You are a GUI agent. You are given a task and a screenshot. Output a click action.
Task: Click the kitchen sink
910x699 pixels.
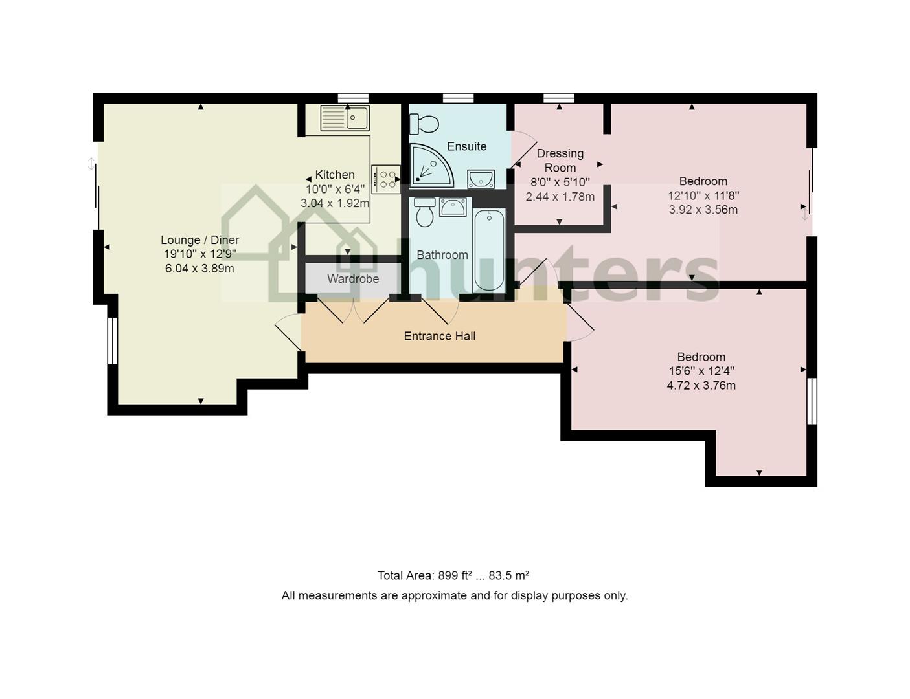coord(345,118)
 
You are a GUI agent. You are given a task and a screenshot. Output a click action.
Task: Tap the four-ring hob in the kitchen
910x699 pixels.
coord(385,179)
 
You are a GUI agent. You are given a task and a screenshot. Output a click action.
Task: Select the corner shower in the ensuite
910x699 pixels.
coord(431,165)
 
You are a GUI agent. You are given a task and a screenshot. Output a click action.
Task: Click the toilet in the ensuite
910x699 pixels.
coord(424,124)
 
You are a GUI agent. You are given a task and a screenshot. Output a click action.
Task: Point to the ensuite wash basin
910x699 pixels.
coord(481,179)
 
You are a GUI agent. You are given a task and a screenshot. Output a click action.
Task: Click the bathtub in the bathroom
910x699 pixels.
coord(489,250)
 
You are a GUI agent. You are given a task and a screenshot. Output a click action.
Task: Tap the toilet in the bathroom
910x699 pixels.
coord(424,212)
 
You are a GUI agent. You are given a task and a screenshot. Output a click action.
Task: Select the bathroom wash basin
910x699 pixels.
coord(453,208)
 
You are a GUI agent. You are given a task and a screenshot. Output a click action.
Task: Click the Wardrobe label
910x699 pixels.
coord(353,278)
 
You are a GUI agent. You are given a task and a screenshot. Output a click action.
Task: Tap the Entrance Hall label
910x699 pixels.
coord(440,336)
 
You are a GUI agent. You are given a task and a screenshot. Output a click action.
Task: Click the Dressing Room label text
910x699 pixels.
coord(560,161)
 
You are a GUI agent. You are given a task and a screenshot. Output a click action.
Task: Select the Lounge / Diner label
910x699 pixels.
coord(199,240)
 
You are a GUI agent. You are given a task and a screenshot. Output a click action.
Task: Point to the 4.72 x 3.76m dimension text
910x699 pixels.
coord(701,385)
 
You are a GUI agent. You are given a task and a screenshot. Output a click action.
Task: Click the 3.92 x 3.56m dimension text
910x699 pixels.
coord(703,210)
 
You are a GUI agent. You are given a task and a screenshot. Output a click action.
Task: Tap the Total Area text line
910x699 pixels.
coord(453,575)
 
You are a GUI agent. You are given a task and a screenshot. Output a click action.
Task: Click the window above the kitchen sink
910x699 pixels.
coord(353,98)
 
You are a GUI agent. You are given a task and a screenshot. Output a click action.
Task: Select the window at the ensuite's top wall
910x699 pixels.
coord(459,98)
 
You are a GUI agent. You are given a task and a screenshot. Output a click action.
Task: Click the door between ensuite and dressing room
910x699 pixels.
coord(523,150)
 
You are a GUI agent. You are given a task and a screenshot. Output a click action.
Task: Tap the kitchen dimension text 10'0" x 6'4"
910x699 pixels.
coord(335,189)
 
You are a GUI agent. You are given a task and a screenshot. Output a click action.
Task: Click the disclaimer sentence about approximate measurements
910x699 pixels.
coord(455,595)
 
